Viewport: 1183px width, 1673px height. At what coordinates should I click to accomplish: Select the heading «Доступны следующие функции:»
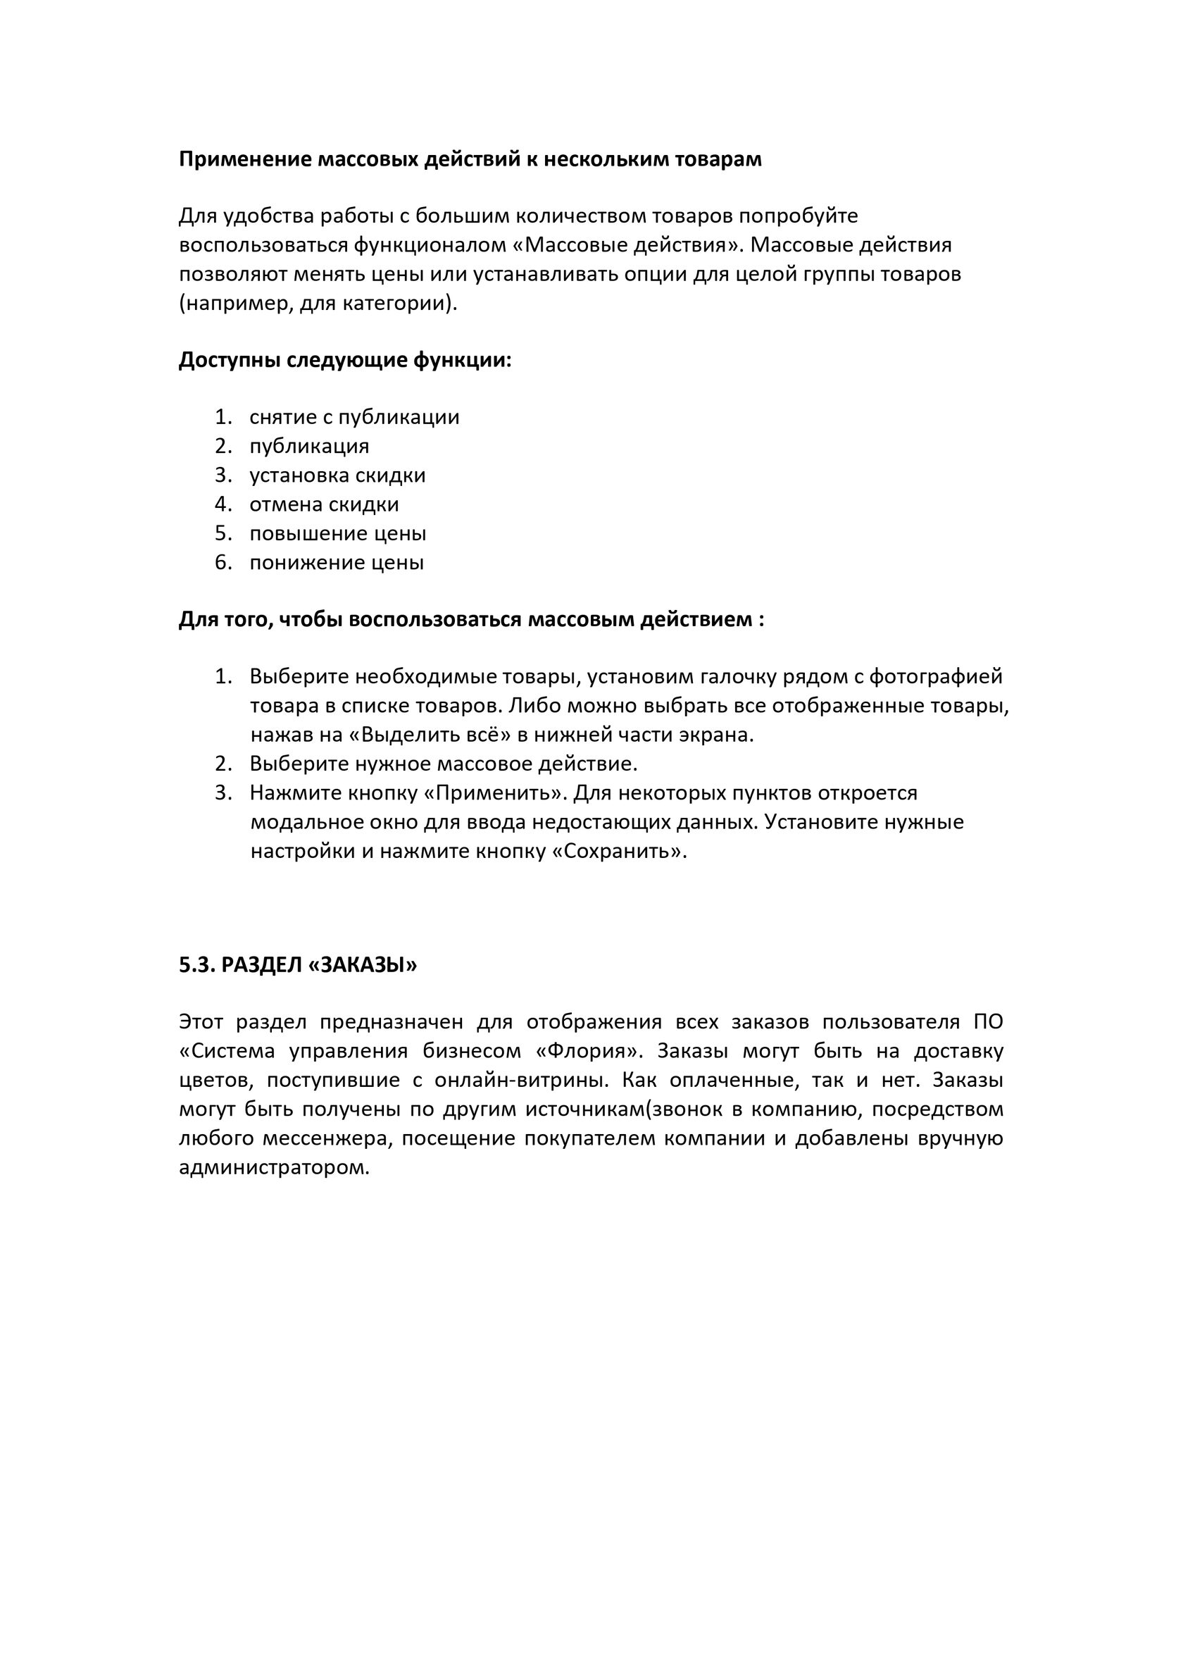tap(345, 360)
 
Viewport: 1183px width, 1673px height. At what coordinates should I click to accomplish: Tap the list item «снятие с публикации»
tap(354, 418)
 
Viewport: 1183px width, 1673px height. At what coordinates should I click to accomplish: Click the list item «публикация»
tap(309, 447)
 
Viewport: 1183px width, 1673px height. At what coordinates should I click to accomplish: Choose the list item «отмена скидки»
tap(324, 505)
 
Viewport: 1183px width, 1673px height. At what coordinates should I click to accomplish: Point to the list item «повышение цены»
tap(337, 534)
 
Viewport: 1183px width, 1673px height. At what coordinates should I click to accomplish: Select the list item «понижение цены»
tap(337, 564)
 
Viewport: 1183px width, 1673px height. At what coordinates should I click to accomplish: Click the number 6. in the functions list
tap(223, 564)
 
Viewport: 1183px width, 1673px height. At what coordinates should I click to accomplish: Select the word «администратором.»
tap(275, 1168)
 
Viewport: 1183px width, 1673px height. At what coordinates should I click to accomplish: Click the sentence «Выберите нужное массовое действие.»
tap(444, 764)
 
